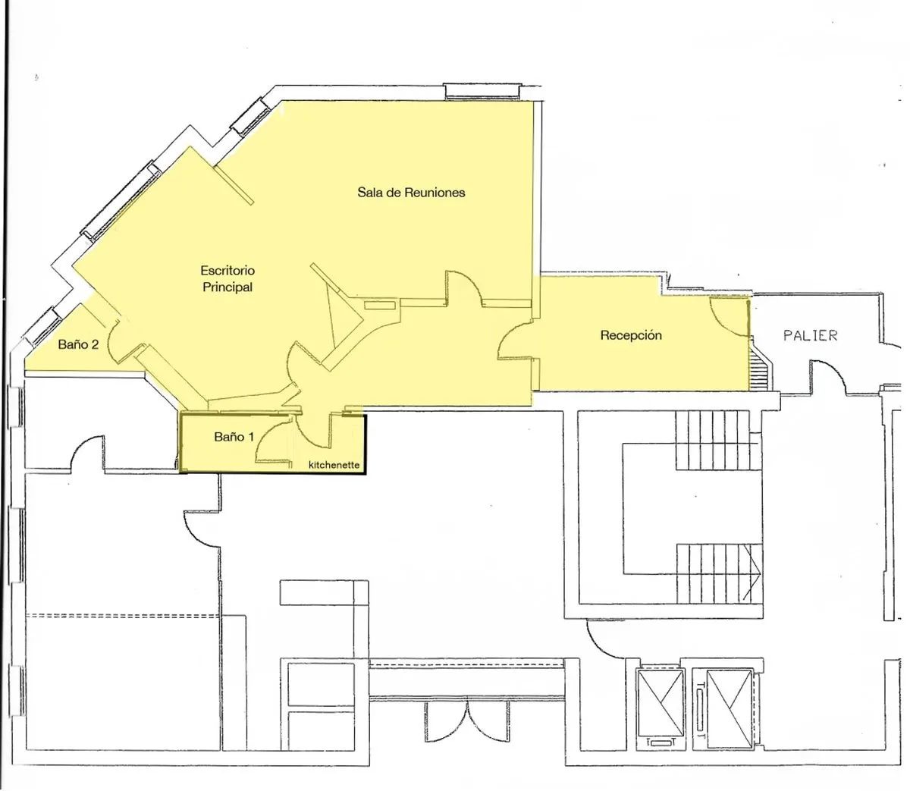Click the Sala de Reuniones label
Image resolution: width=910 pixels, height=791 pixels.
click(411, 193)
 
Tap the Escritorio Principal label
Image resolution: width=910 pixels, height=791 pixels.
click(227, 279)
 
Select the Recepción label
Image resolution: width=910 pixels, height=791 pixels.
click(631, 335)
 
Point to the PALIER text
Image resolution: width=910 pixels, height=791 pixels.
click(810, 335)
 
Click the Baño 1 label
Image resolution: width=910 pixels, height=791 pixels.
click(234, 437)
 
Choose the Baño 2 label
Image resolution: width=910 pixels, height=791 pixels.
click(78, 344)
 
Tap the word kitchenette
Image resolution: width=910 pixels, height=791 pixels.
click(334, 465)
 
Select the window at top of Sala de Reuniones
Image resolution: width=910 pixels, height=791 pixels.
click(483, 91)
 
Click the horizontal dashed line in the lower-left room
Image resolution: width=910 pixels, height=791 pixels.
click(123, 616)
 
